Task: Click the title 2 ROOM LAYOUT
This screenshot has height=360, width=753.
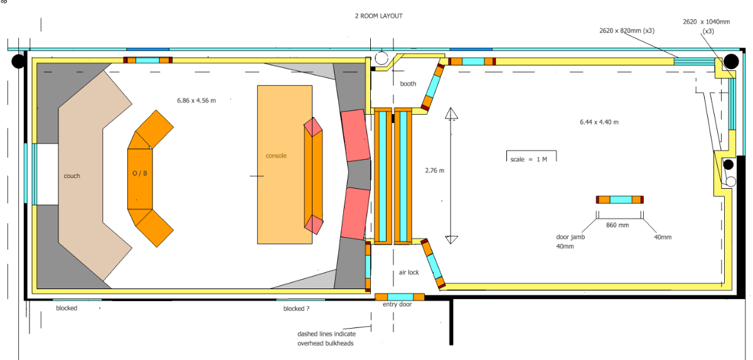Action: click(x=378, y=16)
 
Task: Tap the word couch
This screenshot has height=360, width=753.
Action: click(x=72, y=176)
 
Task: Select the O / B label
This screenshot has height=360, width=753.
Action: click(x=140, y=174)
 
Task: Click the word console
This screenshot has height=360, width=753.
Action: click(x=276, y=156)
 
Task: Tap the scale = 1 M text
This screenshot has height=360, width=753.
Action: click(x=529, y=159)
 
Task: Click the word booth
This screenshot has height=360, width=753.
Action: click(x=408, y=83)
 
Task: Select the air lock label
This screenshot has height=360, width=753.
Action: click(x=409, y=272)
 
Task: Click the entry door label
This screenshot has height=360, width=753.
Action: click(x=397, y=304)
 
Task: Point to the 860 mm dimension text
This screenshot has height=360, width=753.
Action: click(x=619, y=225)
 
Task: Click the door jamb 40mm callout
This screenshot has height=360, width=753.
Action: click(x=570, y=241)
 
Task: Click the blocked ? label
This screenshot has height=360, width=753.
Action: click(x=296, y=309)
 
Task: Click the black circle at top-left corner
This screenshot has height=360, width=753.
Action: click(x=18, y=61)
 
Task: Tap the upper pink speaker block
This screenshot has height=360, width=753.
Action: click(x=355, y=135)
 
